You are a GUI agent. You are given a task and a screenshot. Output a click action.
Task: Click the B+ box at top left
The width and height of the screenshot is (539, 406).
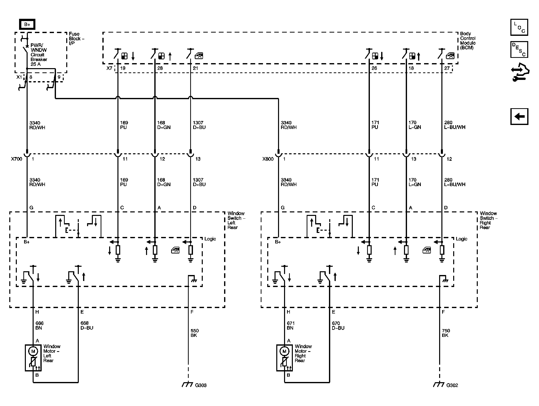click(27, 25)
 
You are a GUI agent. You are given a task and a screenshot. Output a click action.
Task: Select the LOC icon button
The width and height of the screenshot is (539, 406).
click(519, 27)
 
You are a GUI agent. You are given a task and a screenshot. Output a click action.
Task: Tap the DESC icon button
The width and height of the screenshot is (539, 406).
click(519, 50)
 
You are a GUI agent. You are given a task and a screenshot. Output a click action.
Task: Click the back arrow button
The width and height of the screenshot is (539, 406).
click(519, 116)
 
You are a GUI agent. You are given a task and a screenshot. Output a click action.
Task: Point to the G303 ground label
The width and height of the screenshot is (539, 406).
click(201, 385)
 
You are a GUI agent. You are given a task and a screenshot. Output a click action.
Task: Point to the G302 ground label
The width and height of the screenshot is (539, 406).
click(452, 385)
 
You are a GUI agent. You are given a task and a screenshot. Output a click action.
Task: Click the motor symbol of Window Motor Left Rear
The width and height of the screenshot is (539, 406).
click(33, 351)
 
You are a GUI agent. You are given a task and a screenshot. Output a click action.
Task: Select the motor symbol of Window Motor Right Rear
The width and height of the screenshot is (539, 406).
click(284, 351)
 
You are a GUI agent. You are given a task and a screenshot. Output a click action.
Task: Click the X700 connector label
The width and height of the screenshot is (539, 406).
click(17, 159)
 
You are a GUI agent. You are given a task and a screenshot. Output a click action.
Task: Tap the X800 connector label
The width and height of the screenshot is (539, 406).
click(268, 159)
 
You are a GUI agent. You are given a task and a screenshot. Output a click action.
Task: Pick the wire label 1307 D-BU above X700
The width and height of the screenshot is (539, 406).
click(199, 125)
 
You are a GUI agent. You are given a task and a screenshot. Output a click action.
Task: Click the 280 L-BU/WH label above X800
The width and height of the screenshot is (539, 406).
click(454, 125)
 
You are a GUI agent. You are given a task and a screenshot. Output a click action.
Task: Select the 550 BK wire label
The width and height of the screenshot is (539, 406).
click(195, 333)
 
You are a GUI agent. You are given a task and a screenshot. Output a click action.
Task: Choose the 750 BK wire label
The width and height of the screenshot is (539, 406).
click(446, 333)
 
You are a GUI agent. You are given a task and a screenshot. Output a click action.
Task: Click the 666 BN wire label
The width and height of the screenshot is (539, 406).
click(39, 326)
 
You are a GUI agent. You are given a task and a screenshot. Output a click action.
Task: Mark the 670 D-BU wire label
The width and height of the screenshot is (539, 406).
click(338, 326)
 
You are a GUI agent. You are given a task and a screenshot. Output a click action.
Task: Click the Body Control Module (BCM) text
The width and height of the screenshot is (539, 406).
click(467, 41)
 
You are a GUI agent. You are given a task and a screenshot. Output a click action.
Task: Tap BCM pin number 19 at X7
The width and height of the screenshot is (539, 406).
click(123, 68)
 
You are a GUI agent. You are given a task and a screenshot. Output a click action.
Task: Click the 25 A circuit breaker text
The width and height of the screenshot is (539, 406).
click(36, 64)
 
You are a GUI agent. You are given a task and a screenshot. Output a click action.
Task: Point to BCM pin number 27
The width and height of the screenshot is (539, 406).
click(447, 68)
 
